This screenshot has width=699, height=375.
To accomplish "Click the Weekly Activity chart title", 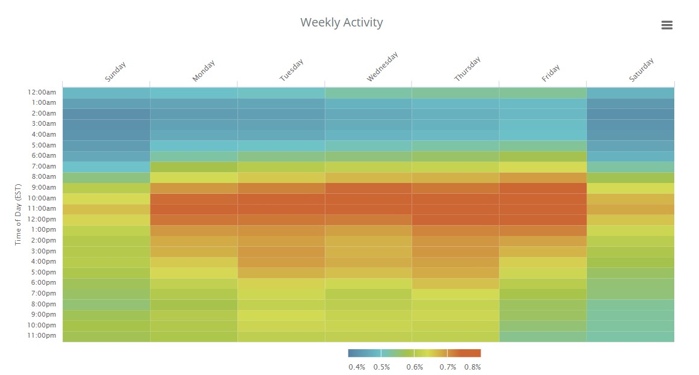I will [342, 23].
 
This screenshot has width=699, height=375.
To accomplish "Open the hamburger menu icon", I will [666, 25].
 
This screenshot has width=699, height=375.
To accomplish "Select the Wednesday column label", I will [383, 67].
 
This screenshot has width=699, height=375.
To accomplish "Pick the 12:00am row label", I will [42, 93].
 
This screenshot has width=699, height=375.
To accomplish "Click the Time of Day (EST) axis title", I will [18, 215].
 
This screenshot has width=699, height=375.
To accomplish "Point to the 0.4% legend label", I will [357, 367].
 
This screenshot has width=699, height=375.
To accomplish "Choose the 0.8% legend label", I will [472, 367].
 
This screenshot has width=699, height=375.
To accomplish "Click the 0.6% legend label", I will [414, 367].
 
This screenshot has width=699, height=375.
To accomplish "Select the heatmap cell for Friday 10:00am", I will [542, 198].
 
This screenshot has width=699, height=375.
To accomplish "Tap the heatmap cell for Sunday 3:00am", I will [106, 124].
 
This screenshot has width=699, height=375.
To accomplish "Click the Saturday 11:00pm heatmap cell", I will [630, 336].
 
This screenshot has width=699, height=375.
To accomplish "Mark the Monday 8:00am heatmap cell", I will [193, 177].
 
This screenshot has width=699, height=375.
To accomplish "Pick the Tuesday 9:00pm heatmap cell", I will [281, 314].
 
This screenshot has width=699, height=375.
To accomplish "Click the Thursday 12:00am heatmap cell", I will [456, 93].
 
